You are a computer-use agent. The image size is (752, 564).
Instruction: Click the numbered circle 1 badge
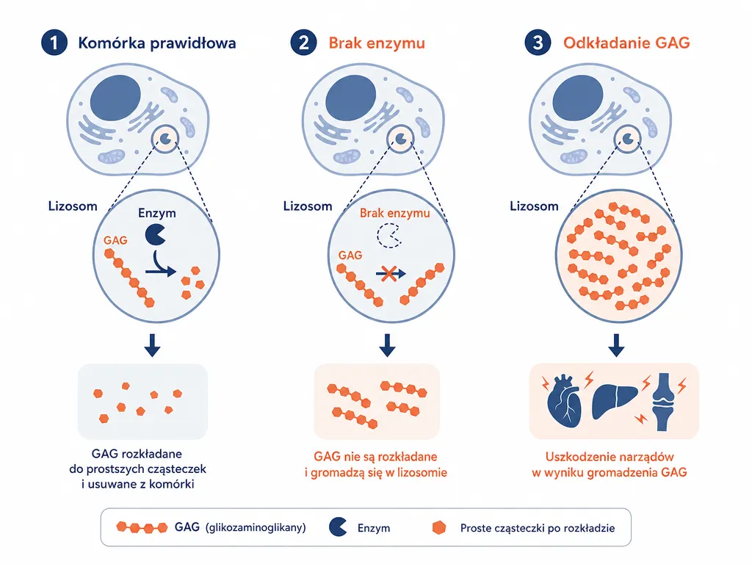[54, 42]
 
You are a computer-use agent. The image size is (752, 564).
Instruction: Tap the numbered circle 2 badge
[303, 42]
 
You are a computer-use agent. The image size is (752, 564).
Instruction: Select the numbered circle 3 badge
[538, 42]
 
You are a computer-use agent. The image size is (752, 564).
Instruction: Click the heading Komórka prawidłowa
[157, 43]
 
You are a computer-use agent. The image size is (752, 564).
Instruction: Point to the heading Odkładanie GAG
[626, 43]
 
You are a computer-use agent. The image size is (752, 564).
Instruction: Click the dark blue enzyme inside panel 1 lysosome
[155, 235]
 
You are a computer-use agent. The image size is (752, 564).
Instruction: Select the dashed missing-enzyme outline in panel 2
[389, 236]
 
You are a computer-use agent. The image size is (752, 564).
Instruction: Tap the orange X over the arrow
[388, 274]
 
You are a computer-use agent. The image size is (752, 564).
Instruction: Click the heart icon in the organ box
[564, 401]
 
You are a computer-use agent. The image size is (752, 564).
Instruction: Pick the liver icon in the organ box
[615, 402]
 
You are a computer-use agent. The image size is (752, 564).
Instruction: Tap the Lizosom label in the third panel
[534, 206]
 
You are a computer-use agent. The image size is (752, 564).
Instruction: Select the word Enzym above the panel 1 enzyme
[157, 213]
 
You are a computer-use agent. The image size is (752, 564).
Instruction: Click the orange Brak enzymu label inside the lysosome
[394, 213]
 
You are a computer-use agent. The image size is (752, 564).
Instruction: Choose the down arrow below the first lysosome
[153, 345]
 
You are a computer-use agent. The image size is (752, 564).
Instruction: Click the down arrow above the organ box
[616, 345]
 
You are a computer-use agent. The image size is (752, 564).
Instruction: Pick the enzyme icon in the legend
[338, 527]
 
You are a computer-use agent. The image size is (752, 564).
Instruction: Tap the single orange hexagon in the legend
[439, 527]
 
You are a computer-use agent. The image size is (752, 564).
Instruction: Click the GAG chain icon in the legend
[142, 527]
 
